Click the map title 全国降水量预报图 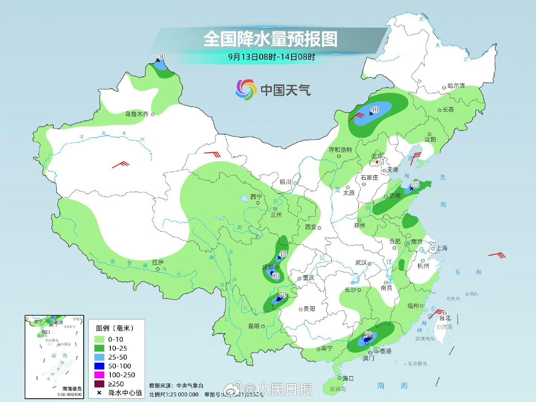pos(271,39)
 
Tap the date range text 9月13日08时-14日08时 pos(271,57)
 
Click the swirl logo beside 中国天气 pos(246,90)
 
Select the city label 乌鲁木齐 pos(137,114)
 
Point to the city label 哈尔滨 pos(456,86)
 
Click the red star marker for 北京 pos(377,162)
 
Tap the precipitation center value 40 pos(375,109)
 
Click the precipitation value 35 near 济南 pos(415,184)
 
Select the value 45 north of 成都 pos(283,253)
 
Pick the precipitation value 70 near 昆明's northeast pos(283,295)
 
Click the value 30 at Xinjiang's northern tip pos(162,56)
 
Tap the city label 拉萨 pos(158,262)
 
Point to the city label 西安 pos(310,227)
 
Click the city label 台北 pos(445,318)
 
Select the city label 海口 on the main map pos(348,378)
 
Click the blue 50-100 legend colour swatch pos(99,366)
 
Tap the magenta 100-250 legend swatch pos(99,375)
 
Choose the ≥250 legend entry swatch pos(99,384)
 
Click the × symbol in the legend pos(99,393)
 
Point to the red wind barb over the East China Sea pos(497,255)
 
